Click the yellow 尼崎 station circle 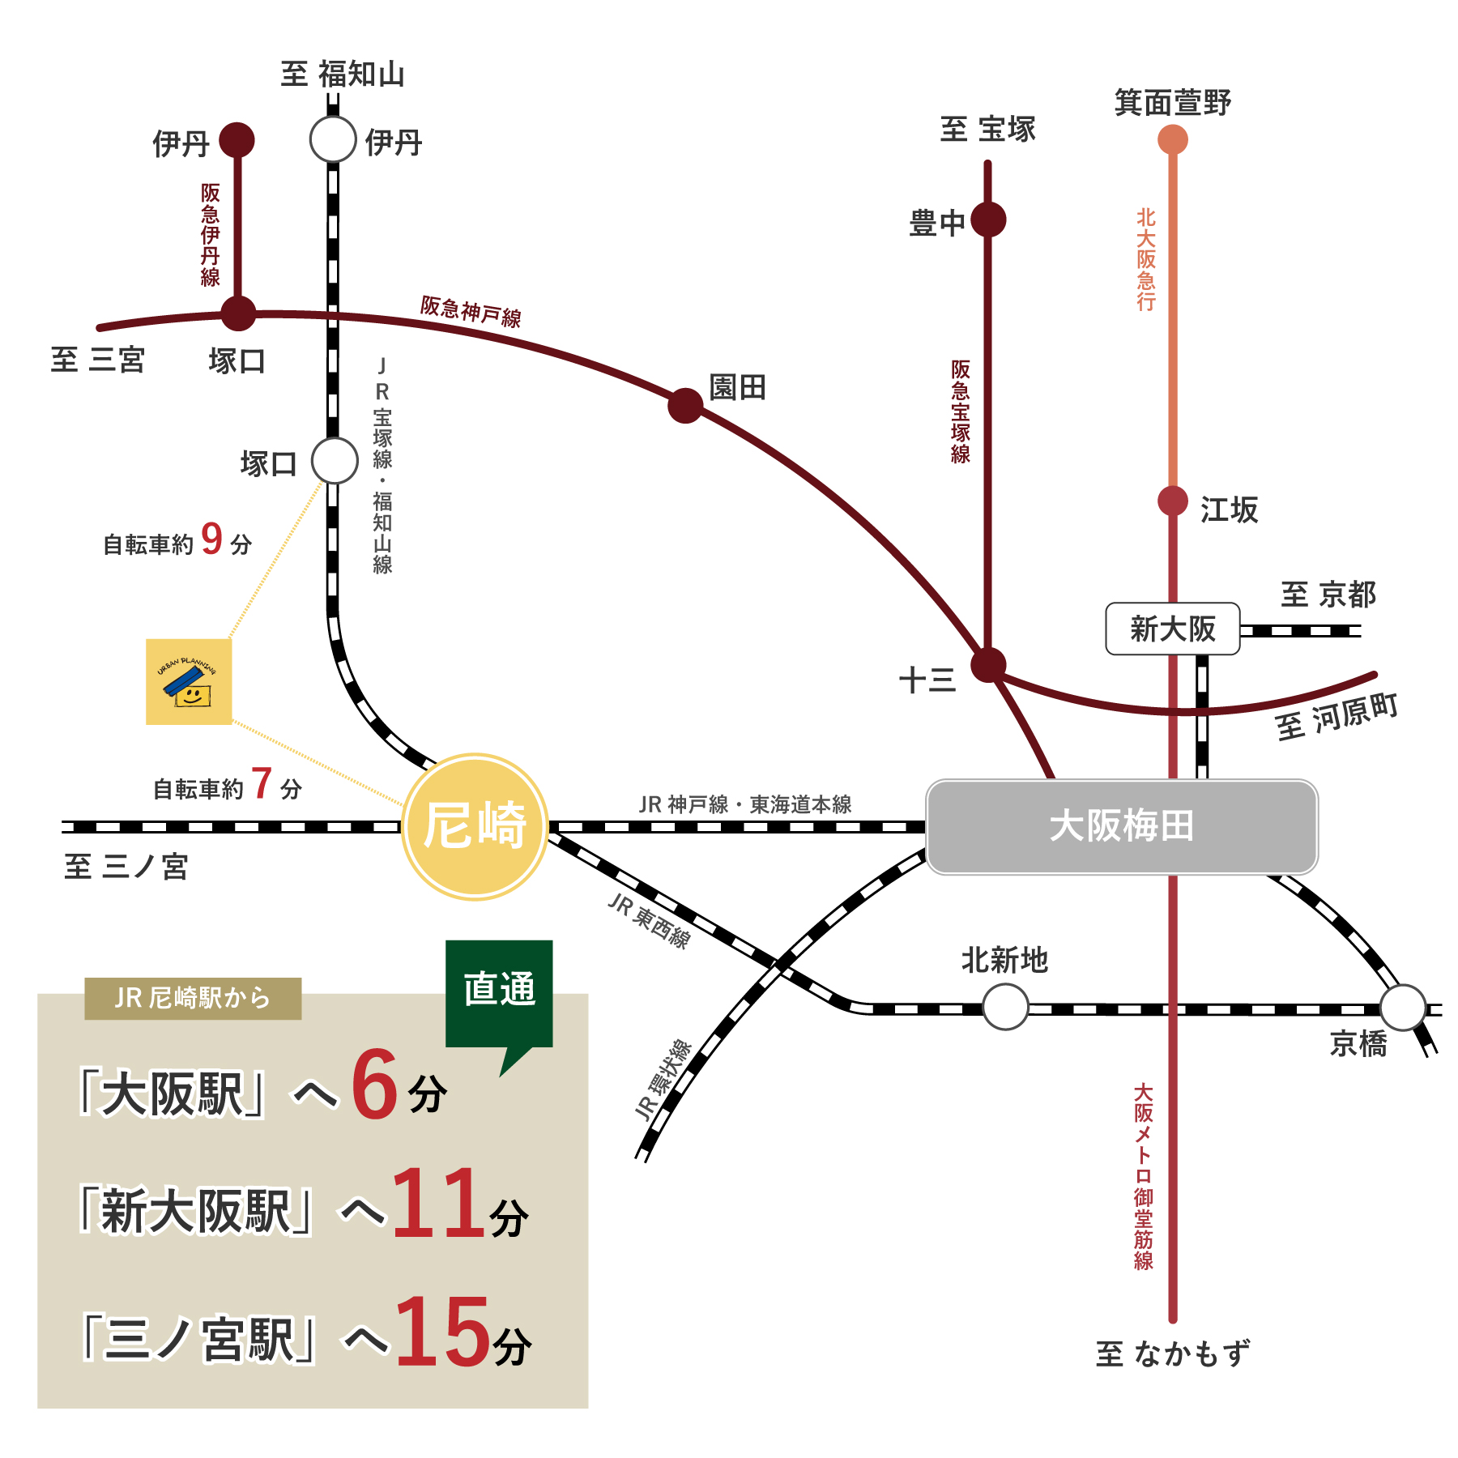tap(475, 826)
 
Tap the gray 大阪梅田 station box tap(1122, 827)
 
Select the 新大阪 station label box tap(1172, 629)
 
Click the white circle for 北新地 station tap(1005, 1007)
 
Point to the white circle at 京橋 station tap(1402, 1007)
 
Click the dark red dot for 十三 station tap(988, 665)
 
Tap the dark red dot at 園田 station tap(685, 405)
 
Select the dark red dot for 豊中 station tap(988, 220)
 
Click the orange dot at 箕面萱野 tap(1172, 140)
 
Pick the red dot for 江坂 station tap(1172, 501)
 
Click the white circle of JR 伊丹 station tap(333, 139)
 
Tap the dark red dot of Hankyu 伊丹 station tap(237, 140)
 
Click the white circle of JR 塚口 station tap(335, 461)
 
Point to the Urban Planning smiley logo tap(189, 682)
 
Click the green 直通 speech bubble tap(499, 991)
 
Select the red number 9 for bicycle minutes tap(211, 539)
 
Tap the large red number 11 tap(438, 1204)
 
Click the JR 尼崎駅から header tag tap(193, 998)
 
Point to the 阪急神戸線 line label tap(471, 311)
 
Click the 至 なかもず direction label tap(1172, 1354)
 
